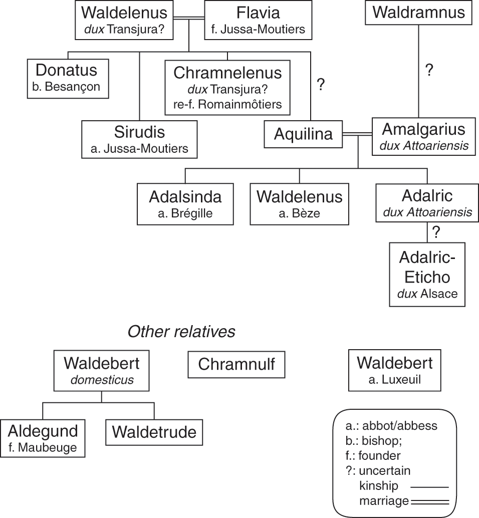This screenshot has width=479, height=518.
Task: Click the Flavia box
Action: point(258,20)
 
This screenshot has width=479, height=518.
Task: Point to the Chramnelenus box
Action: point(227,88)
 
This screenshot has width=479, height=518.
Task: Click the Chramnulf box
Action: point(236,364)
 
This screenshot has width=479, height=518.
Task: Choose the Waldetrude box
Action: point(154,431)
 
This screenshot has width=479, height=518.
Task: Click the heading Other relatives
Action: point(181,332)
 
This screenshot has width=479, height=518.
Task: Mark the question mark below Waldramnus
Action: point(428,70)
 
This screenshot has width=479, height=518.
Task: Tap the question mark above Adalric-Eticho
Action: point(435,232)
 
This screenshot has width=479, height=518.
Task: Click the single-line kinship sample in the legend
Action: point(429,486)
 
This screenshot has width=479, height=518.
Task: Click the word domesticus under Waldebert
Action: point(102,380)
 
